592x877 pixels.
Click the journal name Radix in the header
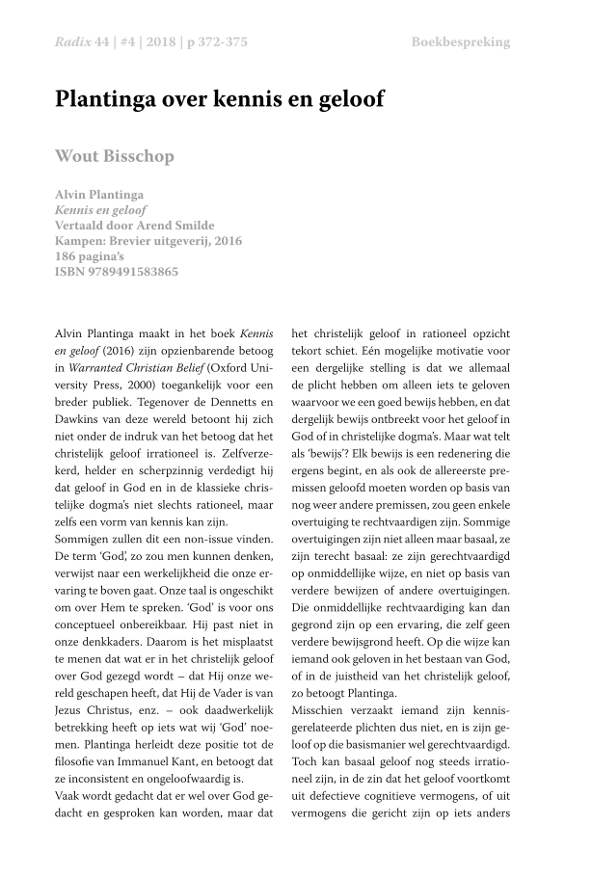(72, 42)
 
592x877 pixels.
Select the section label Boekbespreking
(460, 42)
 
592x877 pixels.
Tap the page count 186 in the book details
(68, 256)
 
